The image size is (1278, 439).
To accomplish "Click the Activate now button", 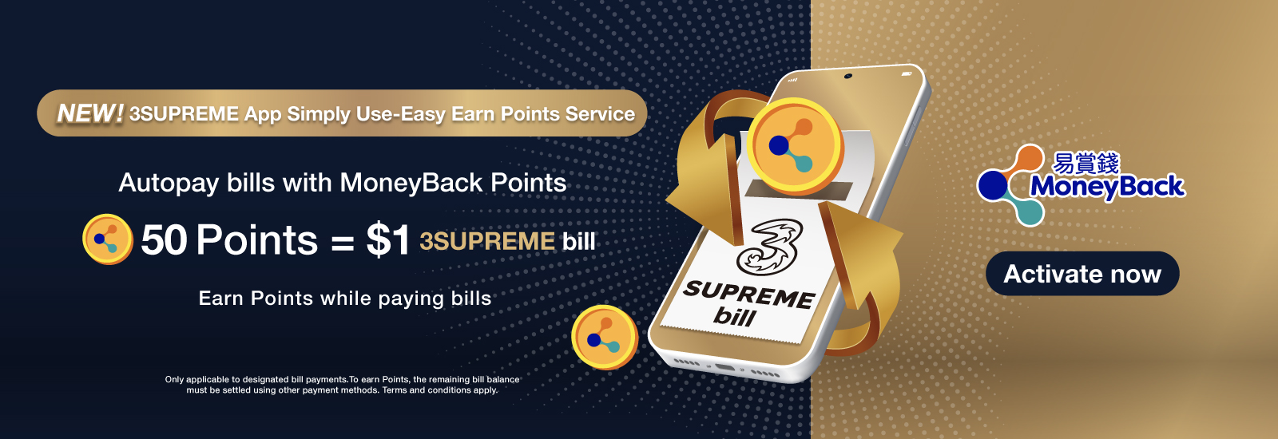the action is click(1082, 274).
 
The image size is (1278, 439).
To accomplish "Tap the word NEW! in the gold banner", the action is click(90, 113).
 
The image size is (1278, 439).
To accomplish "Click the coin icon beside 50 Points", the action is click(108, 239).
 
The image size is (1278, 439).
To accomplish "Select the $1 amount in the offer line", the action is click(388, 239).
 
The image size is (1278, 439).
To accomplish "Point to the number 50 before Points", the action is click(164, 239).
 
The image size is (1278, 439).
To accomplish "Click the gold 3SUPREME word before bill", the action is click(487, 241).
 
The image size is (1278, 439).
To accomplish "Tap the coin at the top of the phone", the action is click(795, 147).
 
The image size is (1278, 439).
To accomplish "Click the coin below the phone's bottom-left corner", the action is click(605, 337).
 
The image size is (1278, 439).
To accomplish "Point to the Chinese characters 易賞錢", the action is click(1086, 163).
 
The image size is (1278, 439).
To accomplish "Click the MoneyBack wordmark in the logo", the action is click(1107, 187).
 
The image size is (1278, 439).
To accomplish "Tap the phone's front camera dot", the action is click(847, 76).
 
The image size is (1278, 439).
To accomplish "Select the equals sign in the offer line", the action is click(343, 243).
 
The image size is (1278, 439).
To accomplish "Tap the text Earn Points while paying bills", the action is click(344, 299).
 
